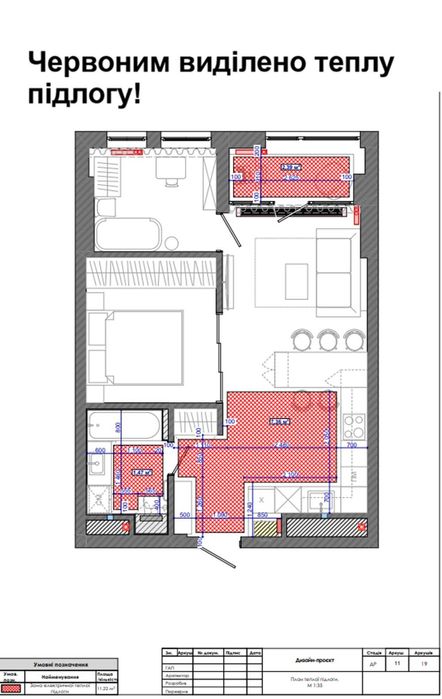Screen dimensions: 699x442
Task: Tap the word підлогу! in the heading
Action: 80,99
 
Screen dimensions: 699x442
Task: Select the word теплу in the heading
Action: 356,65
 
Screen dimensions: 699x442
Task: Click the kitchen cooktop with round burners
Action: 352,410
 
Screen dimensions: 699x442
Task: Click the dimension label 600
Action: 100,451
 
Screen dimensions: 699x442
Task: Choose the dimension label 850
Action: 262,516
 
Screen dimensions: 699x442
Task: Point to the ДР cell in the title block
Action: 371,661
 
